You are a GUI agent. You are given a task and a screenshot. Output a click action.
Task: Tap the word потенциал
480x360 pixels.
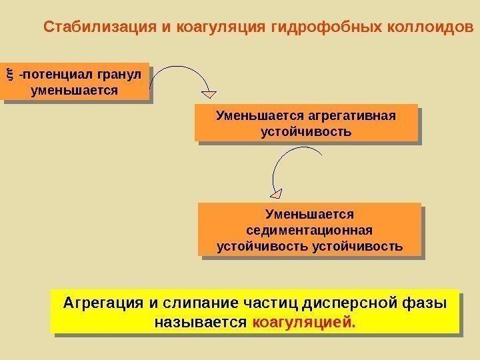tap(57, 73)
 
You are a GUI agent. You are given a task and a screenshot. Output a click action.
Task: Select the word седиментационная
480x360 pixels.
tap(309, 230)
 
